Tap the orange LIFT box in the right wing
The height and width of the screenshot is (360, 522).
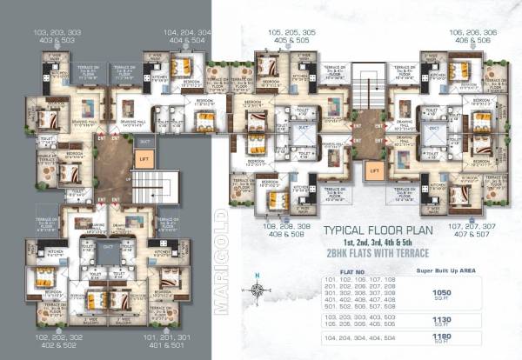pos(375,170)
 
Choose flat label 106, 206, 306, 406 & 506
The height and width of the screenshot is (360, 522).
pos(467,35)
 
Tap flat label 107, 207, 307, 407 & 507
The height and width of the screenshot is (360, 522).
pos(465,230)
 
